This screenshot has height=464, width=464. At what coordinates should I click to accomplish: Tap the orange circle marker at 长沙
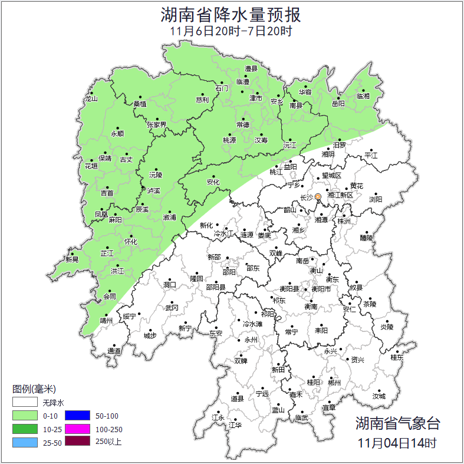[x=318, y=196]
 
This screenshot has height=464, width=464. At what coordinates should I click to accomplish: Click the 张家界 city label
[x=157, y=124]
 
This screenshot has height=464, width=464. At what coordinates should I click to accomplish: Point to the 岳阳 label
[x=338, y=104]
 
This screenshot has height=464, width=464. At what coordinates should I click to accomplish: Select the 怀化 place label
[x=130, y=242]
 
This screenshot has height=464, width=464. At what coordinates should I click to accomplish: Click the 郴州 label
[x=334, y=383]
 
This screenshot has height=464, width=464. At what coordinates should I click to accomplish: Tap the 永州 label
[x=251, y=340]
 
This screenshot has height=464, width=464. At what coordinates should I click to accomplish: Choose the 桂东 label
[x=397, y=357]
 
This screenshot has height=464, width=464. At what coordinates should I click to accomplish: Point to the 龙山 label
[x=90, y=98]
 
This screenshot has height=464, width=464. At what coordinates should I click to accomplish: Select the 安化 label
[x=213, y=182]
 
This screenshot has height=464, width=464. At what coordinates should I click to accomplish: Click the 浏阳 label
[x=376, y=199]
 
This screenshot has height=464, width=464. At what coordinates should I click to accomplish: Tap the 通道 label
[x=114, y=351]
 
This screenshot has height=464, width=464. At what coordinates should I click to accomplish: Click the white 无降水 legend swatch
[x=25, y=403]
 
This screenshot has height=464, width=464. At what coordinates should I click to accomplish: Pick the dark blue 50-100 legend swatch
[x=77, y=416]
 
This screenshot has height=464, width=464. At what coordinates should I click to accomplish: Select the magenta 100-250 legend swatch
[x=77, y=429]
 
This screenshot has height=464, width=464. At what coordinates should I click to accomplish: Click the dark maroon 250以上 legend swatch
[x=77, y=442]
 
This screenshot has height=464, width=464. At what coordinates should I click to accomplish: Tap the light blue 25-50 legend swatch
[x=25, y=442]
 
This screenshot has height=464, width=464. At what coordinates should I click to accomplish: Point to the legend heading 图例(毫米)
[x=34, y=389]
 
